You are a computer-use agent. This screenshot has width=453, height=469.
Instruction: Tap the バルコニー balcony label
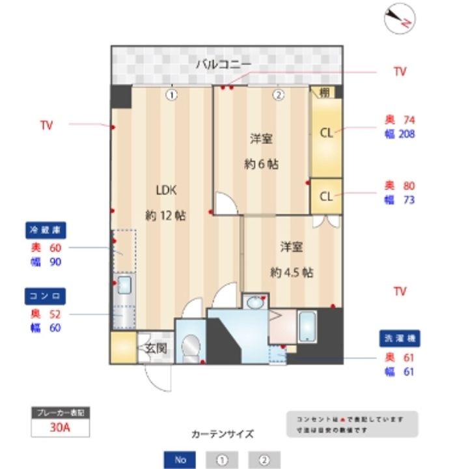(x=223, y=64)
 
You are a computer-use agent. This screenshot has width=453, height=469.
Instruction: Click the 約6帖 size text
(x=261, y=164)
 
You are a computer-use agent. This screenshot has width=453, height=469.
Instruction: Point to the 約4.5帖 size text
(x=291, y=272)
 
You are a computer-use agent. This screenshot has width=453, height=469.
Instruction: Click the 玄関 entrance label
(x=155, y=348)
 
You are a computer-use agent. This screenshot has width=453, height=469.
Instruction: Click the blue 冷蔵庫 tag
(x=47, y=230)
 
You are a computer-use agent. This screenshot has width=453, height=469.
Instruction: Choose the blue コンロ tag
(x=45, y=296)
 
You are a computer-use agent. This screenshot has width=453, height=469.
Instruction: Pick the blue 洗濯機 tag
(x=400, y=339)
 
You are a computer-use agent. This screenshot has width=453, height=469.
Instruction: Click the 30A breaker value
(x=60, y=428)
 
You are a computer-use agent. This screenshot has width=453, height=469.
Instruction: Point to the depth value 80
(x=408, y=186)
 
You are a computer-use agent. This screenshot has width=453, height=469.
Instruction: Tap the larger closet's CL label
(x=326, y=133)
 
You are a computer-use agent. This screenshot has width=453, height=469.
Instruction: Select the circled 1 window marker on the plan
(x=171, y=94)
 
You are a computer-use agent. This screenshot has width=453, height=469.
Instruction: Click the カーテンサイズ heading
(x=222, y=434)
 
